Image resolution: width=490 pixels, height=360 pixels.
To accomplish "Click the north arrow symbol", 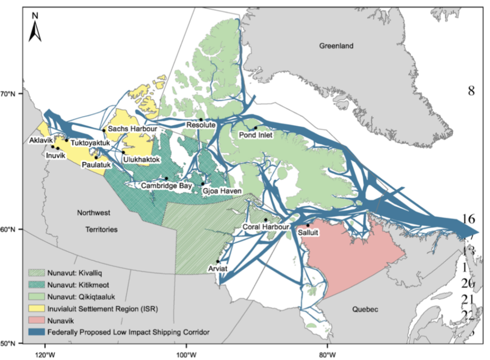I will pyautogui.click(x=35, y=27).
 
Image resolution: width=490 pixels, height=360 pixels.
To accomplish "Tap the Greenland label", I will pyautogui.click(x=337, y=46).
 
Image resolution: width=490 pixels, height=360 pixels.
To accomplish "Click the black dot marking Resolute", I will pyautogui.click(x=201, y=120).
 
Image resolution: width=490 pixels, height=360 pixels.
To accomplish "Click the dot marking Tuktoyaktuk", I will pyautogui.click(x=67, y=140).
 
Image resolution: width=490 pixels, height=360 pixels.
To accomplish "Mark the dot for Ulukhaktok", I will pyautogui.click(x=123, y=153).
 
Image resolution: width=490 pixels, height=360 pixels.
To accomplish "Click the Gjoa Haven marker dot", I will pyautogui.click(x=203, y=183).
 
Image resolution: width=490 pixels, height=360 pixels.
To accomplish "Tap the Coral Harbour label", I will pyautogui.click(x=266, y=226).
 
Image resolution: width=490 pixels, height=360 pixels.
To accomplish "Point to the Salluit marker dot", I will pyautogui.click(x=308, y=225).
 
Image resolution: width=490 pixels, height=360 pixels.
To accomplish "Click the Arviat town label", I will pyautogui.click(x=217, y=269).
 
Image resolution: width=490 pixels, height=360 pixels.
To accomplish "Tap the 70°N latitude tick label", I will pyautogui.click(x=11, y=94).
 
